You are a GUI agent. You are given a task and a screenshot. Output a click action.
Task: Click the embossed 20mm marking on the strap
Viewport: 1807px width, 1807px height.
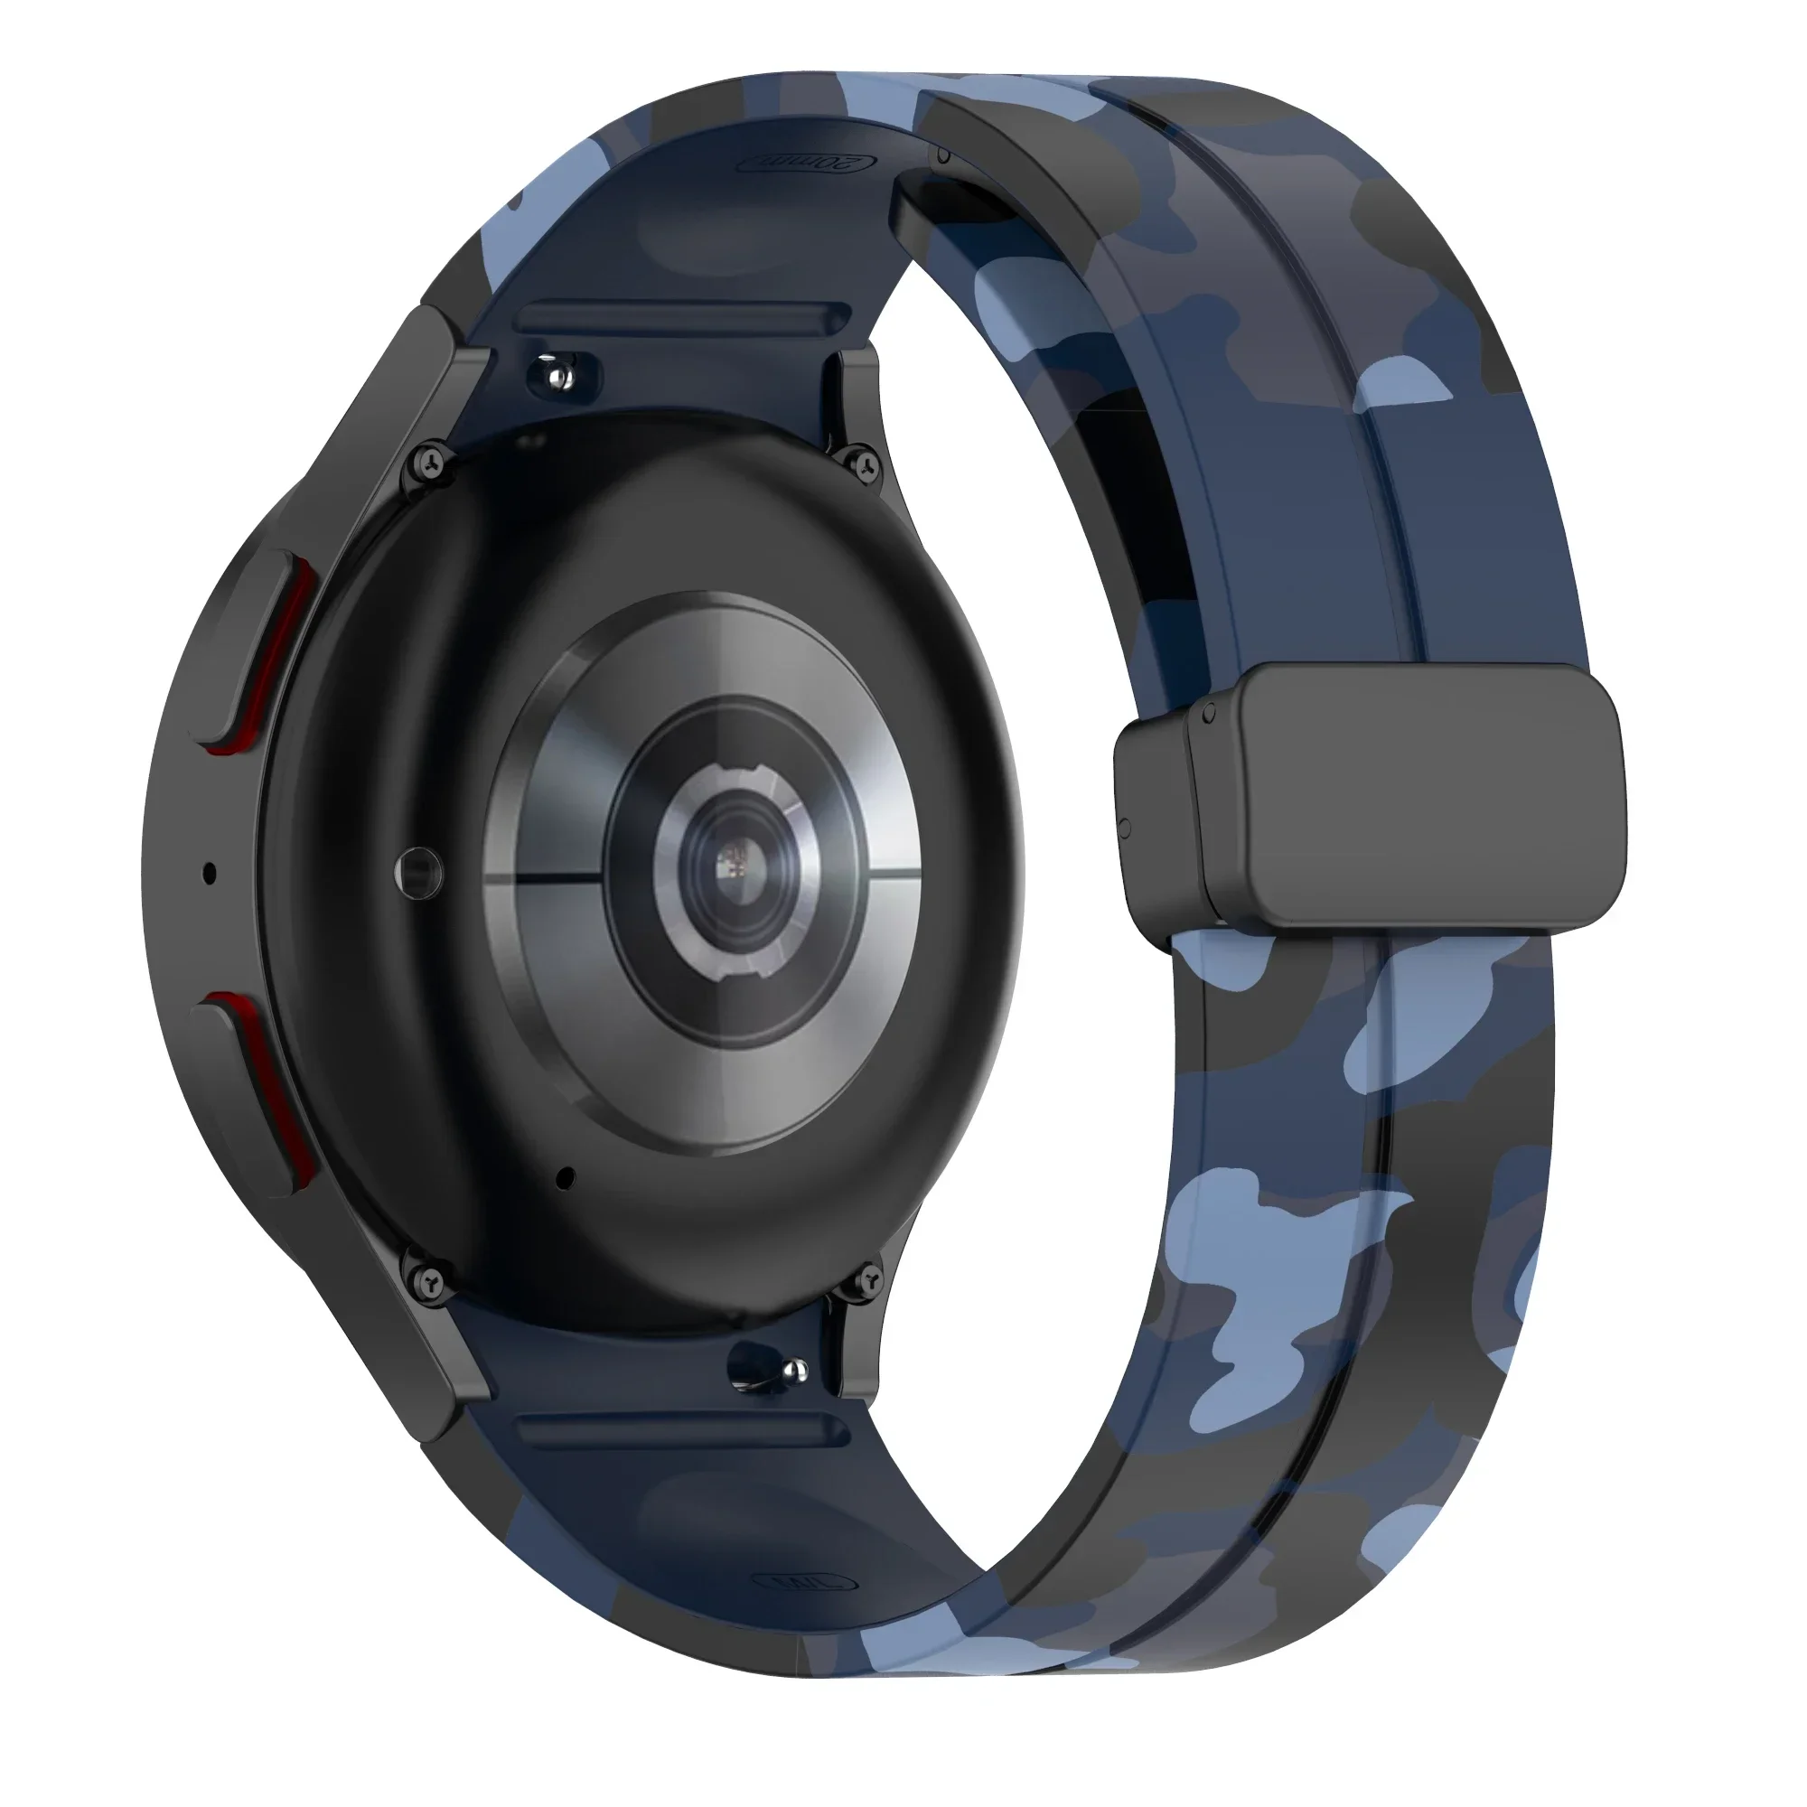click(x=809, y=163)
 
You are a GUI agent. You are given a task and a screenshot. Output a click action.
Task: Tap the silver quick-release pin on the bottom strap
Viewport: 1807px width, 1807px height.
click(x=793, y=1372)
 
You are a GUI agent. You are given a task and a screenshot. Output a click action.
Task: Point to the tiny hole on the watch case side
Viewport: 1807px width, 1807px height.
click(x=210, y=874)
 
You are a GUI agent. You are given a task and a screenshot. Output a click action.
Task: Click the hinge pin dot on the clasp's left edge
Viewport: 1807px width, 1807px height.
click(x=1123, y=827)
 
